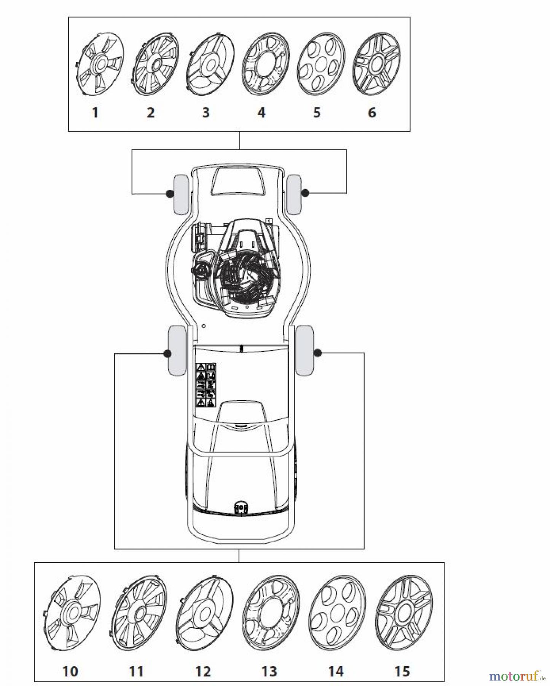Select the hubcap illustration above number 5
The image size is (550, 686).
pyautogui.click(x=321, y=64)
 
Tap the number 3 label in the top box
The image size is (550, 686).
pyautogui.click(x=206, y=112)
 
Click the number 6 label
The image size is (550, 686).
pyautogui.click(x=372, y=112)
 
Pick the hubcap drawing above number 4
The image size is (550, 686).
pyautogui.click(x=266, y=64)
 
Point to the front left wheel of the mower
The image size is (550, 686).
pyautogui.click(x=181, y=194)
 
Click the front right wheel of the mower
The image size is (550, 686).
pyautogui.click(x=294, y=194)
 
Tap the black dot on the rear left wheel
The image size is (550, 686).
pyautogui.click(x=167, y=354)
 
